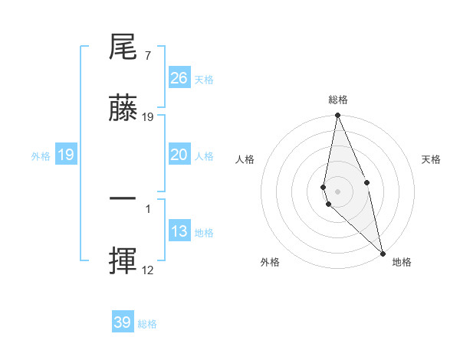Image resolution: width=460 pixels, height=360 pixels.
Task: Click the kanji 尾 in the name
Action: point(123,48)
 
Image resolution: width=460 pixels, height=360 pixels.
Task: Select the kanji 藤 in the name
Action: point(123,109)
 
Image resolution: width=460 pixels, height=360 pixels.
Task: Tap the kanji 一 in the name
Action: point(123,199)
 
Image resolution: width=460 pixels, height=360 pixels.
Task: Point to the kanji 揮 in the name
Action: point(123,260)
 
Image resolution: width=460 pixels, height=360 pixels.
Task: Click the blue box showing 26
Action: point(179,78)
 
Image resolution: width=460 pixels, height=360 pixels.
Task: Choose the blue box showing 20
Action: point(179,155)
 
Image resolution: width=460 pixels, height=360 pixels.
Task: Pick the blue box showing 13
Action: point(179,231)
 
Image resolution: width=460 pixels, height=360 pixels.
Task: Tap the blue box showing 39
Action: point(123,322)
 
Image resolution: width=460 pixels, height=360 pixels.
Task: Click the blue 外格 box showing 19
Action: point(66,155)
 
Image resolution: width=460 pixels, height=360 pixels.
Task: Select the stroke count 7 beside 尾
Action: point(147,55)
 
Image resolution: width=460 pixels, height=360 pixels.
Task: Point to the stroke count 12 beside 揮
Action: point(148,270)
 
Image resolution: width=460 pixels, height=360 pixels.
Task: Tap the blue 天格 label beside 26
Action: point(204,80)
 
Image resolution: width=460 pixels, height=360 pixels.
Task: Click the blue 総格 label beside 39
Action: point(147,324)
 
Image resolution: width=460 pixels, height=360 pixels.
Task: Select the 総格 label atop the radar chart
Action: point(338,100)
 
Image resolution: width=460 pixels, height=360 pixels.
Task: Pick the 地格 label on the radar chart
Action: point(402,262)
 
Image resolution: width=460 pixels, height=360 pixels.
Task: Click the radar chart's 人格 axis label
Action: point(245,159)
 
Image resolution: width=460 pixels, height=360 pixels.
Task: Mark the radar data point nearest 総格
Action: point(337,116)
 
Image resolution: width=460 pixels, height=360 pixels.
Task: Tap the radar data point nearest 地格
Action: point(383,253)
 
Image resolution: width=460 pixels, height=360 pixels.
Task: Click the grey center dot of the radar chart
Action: point(337,191)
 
